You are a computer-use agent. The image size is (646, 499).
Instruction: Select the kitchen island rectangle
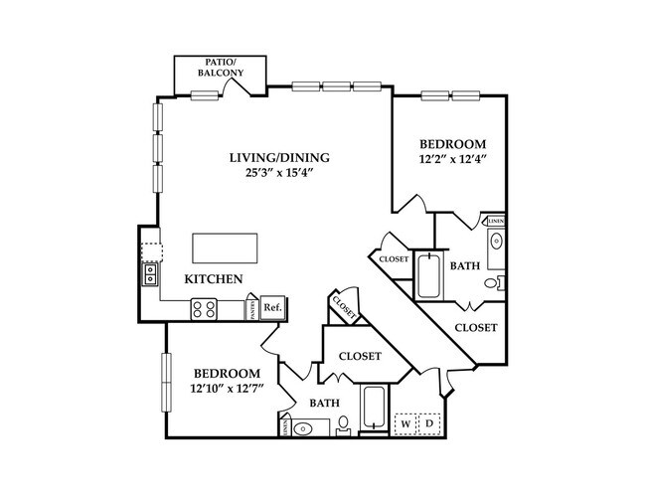point(226,246)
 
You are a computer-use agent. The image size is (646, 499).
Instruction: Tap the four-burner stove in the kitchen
point(205,309)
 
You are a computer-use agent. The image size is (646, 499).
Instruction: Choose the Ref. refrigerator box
point(271,308)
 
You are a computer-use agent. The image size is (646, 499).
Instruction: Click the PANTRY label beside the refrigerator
point(252,310)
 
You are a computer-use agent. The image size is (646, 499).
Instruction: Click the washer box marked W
point(405,423)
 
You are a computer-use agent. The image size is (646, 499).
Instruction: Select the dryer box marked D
point(430,423)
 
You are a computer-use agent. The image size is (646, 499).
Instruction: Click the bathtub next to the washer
point(374,412)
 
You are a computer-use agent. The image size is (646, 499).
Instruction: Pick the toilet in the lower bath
point(343,426)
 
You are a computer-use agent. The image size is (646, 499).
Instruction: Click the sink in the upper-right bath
point(497,241)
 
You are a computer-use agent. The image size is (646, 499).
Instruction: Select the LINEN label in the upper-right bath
point(496,221)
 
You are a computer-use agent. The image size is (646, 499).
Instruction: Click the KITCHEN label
point(214,280)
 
